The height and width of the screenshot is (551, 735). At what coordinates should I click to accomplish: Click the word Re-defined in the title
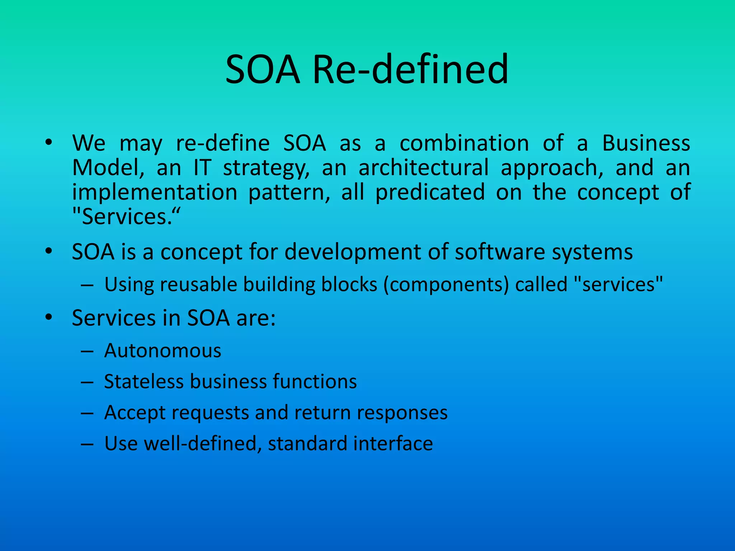(x=410, y=69)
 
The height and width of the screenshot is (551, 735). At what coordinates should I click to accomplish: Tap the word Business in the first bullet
(x=646, y=143)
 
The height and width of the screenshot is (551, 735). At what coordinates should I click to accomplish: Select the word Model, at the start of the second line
(x=108, y=168)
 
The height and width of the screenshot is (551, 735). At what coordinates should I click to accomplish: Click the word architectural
(x=423, y=168)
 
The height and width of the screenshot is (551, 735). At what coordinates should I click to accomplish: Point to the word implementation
(x=155, y=192)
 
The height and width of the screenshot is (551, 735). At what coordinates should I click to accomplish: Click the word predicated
(x=430, y=192)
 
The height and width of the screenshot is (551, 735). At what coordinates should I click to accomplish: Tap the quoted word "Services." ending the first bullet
(x=126, y=217)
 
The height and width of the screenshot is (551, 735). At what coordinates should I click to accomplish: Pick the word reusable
(x=198, y=284)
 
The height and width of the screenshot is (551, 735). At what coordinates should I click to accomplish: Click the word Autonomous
(x=163, y=350)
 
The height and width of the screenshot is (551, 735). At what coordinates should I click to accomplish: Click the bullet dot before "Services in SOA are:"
(x=49, y=317)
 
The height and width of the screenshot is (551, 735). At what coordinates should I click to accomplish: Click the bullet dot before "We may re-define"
(x=49, y=142)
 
